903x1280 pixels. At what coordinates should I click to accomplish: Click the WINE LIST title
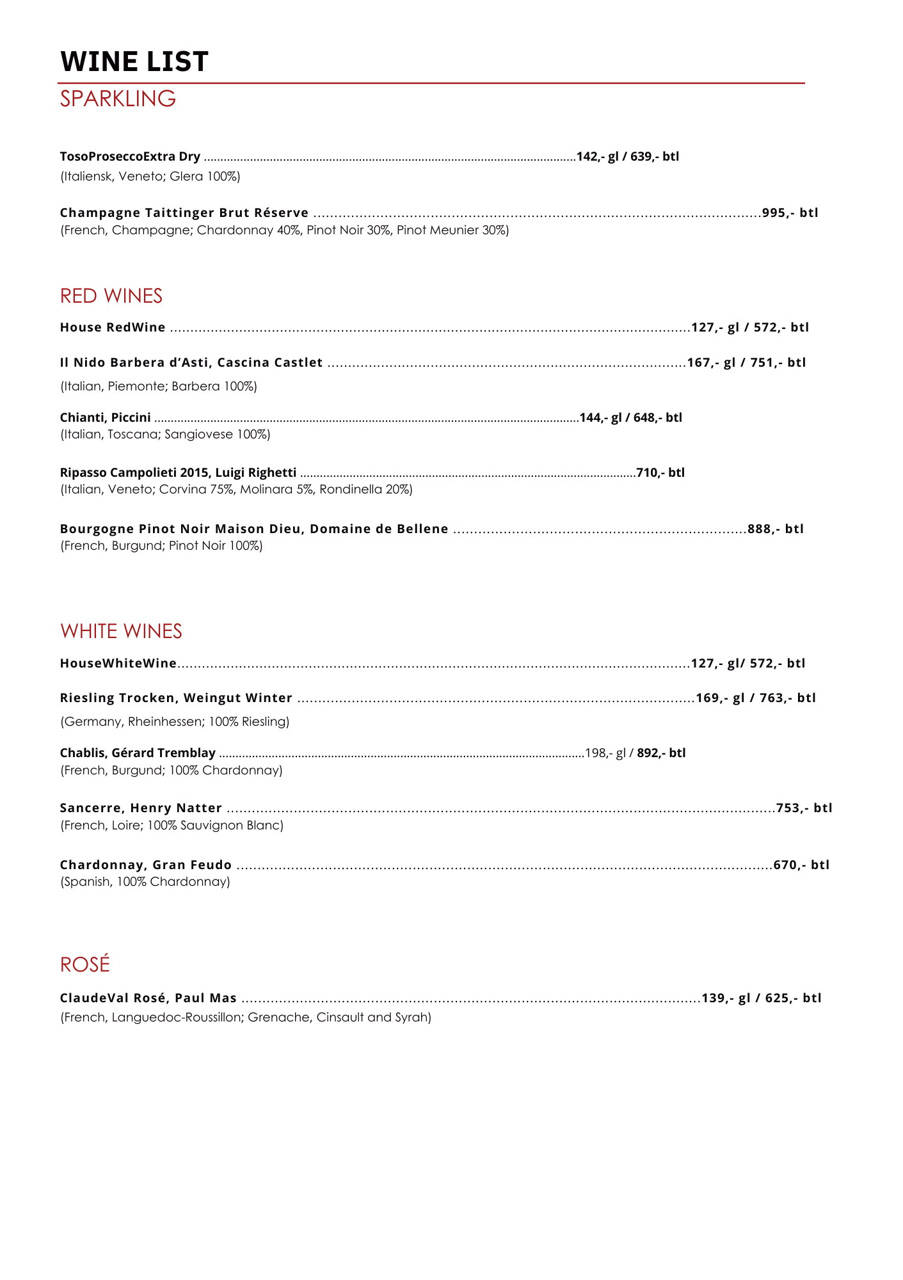point(134,61)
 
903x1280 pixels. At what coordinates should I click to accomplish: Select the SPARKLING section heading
point(118,99)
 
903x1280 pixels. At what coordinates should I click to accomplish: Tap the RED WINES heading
point(111,296)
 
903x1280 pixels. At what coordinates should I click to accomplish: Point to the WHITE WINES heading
point(121,631)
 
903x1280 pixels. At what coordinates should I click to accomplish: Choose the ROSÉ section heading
point(85,964)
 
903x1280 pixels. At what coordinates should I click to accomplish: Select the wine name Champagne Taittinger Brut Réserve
point(184,212)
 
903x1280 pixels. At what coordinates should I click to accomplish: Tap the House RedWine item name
point(113,327)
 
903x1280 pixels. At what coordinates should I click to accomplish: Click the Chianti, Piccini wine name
point(106,417)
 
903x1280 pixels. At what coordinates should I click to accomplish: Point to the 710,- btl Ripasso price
point(660,472)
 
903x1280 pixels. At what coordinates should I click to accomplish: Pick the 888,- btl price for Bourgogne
point(776,529)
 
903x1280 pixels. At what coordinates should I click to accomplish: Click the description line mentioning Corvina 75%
point(236,490)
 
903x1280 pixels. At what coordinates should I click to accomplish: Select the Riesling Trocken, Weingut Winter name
point(176,698)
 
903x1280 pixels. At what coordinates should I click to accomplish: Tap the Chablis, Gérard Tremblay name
point(138,753)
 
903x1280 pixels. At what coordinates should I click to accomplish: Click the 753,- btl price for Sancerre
point(804,808)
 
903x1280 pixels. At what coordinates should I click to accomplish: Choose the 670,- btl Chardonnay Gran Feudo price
point(801,865)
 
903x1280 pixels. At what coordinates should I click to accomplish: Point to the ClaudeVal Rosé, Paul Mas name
point(148,998)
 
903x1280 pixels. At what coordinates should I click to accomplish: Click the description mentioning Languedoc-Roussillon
point(246,1017)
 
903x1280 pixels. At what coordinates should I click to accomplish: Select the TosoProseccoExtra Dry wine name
point(130,156)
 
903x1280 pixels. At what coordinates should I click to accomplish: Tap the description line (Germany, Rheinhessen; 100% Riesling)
point(175,721)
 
